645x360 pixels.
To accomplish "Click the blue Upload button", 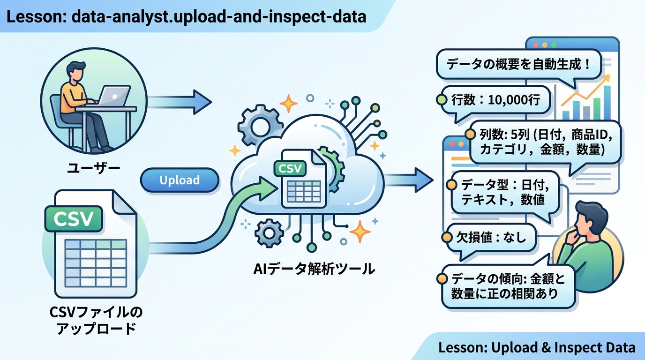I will point(180,180).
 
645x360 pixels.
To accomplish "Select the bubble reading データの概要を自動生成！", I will point(518,65).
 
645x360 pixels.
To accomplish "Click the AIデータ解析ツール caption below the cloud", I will point(314,269).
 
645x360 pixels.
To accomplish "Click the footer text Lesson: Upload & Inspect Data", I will point(537,348).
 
